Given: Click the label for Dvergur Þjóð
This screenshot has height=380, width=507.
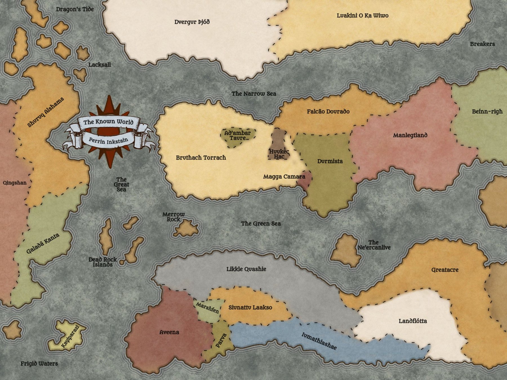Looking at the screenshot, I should (x=192, y=22).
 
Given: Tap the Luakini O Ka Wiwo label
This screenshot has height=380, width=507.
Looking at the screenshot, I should (x=363, y=15).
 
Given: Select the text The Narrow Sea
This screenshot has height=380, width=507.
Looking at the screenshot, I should (x=253, y=93).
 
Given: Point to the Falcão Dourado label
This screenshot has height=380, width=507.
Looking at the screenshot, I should (x=328, y=111).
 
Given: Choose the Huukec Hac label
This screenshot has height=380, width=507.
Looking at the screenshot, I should (x=279, y=154).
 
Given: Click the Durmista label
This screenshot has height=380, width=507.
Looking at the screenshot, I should (x=330, y=161).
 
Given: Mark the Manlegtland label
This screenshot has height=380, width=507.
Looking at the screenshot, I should (x=410, y=135).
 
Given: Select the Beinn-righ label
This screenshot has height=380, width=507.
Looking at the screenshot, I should (x=487, y=111).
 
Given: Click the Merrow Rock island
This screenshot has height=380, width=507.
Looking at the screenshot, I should (x=186, y=229).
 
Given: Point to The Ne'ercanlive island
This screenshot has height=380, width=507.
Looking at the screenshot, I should (x=346, y=251).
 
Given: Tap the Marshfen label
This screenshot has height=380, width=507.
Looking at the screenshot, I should (x=207, y=308).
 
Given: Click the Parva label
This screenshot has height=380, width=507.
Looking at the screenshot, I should (x=221, y=340).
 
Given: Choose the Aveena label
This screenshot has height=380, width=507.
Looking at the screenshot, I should (x=169, y=332).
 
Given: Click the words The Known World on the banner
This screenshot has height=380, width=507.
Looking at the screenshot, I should (x=108, y=122).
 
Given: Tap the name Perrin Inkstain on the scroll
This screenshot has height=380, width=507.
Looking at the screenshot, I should (x=108, y=140).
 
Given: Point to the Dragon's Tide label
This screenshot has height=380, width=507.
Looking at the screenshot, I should (x=75, y=9).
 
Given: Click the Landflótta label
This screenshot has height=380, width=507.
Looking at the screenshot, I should (x=413, y=321).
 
